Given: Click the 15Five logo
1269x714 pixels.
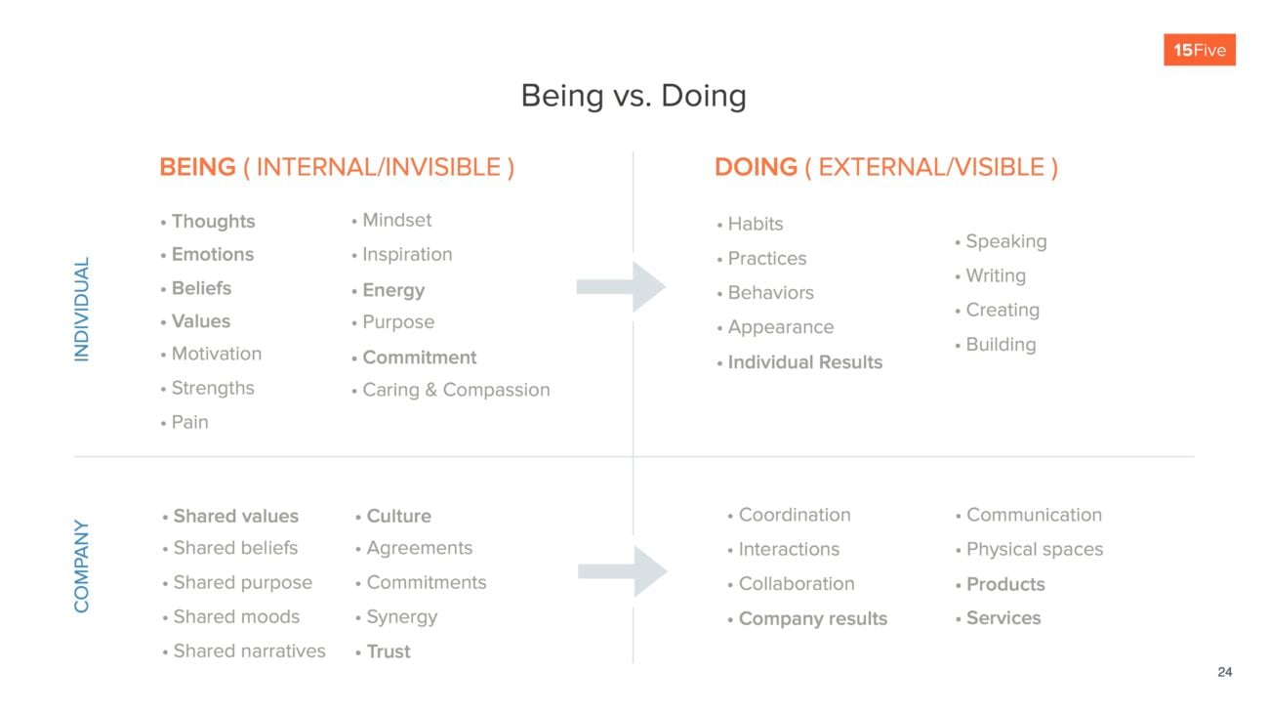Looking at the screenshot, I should [x=1199, y=50].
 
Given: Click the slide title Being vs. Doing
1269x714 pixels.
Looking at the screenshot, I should [x=634, y=96].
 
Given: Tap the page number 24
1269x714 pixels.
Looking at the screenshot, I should [x=1224, y=672].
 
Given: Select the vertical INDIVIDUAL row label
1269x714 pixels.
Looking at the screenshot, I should [x=82, y=310].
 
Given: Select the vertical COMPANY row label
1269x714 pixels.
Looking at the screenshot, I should [x=82, y=567].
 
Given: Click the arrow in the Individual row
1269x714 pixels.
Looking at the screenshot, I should [x=621, y=287].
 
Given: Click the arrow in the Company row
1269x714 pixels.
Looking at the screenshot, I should [x=622, y=571].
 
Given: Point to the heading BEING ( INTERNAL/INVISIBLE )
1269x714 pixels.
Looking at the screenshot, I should [x=337, y=167].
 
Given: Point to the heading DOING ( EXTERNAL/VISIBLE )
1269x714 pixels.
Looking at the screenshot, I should [x=885, y=167].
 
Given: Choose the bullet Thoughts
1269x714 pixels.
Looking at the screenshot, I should [x=213, y=222].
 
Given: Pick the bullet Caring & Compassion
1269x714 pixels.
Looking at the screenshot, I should [x=455, y=390].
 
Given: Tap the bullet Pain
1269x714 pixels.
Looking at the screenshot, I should [x=189, y=422].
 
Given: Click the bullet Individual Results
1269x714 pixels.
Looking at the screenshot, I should [x=804, y=362].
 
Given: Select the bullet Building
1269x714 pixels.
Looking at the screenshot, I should [x=1000, y=345].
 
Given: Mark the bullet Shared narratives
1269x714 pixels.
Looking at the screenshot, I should [x=249, y=651].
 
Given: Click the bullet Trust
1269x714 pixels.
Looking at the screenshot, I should [x=388, y=651].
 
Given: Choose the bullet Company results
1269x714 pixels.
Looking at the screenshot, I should [x=812, y=618].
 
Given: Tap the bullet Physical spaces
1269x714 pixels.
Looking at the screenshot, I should [x=1034, y=549].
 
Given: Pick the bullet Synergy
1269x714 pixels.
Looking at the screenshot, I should [x=401, y=617].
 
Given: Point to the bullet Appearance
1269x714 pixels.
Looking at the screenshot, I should [x=780, y=327].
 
